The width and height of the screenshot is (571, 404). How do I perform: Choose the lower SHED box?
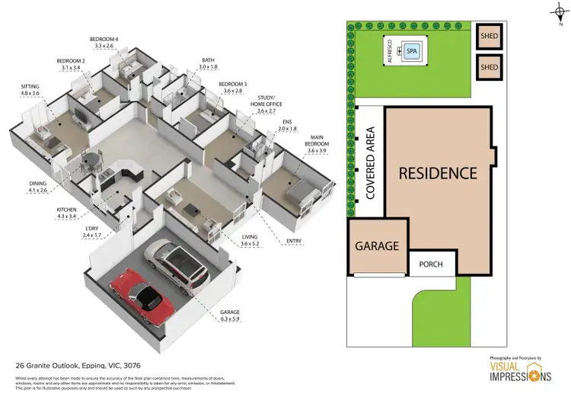pos(488,67)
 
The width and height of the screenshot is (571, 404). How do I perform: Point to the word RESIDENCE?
pos(438,173)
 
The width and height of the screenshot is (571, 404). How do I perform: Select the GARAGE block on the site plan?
pos(378,246)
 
